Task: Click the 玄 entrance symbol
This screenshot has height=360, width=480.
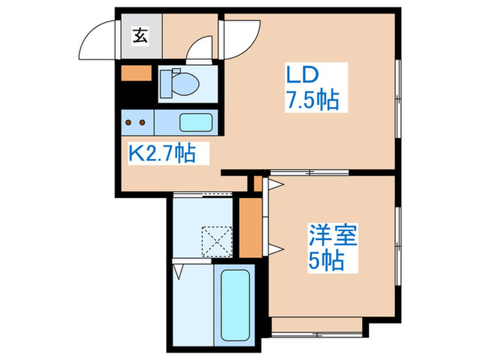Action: [x=140, y=36]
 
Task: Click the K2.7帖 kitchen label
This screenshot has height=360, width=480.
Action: [x=163, y=152]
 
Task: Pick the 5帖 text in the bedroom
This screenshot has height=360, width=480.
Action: [x=326, y=262]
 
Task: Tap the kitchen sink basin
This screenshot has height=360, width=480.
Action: [x=197, y=123]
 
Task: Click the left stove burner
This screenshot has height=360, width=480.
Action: [x=129, y=123]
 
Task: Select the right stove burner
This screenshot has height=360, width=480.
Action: [x=143, y=123]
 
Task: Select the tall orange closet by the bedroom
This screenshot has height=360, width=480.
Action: [x=250, y=227]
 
